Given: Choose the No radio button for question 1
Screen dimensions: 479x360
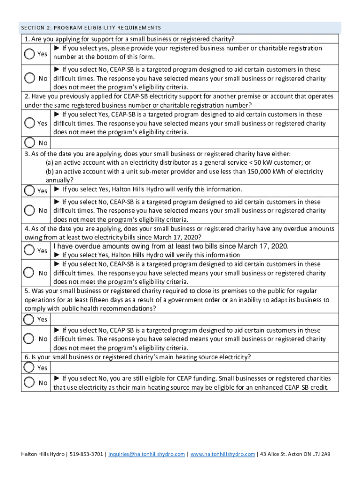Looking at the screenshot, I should pos(30,78).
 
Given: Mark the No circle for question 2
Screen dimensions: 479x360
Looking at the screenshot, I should pos(30,142).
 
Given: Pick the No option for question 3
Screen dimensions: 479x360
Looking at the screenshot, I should pos(30,210).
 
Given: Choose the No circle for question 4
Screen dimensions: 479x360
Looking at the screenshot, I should pos(30,273).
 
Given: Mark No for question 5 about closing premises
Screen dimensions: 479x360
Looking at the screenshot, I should pos(30,338).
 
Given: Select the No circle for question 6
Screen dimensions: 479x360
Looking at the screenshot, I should pos(30,383).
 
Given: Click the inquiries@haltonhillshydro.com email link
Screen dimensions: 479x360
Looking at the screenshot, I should pos(146,454).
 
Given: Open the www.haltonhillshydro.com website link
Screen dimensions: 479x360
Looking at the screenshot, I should pos(223,454).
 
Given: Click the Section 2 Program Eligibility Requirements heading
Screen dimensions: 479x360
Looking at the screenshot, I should pos(91,28).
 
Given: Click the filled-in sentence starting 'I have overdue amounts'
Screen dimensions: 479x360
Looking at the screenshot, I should pos(171,247).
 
